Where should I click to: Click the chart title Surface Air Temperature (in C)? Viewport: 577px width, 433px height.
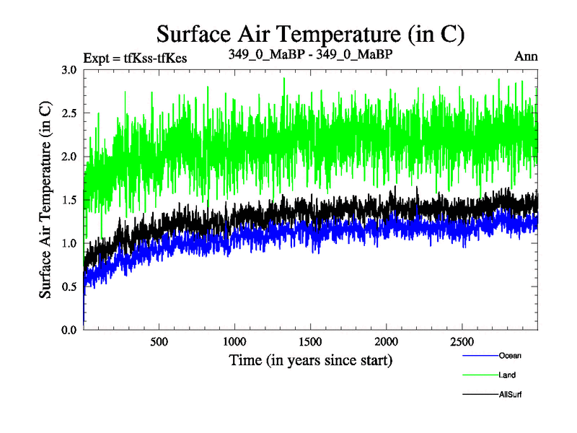(310, 35)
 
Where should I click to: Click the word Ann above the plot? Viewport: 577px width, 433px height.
(527, 56)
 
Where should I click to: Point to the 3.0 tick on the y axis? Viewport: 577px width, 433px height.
(69, 70)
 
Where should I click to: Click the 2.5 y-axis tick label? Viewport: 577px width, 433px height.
(69, 113)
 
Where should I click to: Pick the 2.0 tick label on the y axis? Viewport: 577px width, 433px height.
(69, 157)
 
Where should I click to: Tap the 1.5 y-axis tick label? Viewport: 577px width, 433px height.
(69, 200)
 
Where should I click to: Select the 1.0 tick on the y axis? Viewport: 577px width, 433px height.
(69, 243)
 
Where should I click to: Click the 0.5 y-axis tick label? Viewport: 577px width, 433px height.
(69, 287)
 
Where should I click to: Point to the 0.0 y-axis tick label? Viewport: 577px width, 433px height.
(69, 330)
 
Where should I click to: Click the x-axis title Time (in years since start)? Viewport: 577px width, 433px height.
(311, 359)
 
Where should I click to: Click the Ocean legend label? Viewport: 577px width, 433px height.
(509, 355)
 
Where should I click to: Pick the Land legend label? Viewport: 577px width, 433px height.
(506, 375)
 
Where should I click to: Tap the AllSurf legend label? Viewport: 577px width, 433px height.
(509, 394)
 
